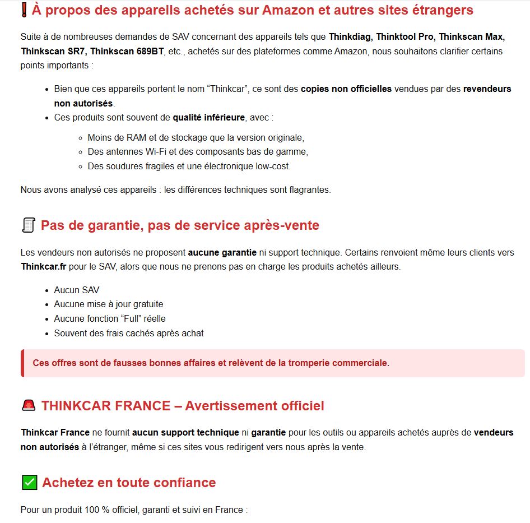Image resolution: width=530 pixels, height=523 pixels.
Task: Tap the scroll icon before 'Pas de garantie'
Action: tap(28, 225)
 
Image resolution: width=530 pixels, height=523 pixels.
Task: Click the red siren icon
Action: tap(28, 406)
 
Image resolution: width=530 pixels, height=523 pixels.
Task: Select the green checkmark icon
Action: tap(29, 483)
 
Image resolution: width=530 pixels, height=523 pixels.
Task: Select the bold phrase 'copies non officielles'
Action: tap(346, 89)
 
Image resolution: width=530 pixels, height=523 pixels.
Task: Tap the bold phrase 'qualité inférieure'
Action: tap(208, 118)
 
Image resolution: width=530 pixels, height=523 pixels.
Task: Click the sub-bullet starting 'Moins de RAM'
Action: tap(196, 137)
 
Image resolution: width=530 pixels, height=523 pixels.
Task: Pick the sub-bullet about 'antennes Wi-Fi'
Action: tap(198, 152)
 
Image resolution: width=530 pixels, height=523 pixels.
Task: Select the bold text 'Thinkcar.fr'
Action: tap(43, 267)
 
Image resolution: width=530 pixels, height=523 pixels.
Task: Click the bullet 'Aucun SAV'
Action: tap(76, 290)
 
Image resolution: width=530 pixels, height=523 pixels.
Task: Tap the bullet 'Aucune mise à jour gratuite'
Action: tap(108, 304)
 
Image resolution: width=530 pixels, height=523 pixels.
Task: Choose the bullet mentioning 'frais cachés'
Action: tap(128, 334)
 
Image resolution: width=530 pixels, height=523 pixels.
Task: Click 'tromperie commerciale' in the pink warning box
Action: tap(338, 363)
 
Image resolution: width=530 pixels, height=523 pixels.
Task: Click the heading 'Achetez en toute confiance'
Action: tap(128, 483)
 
